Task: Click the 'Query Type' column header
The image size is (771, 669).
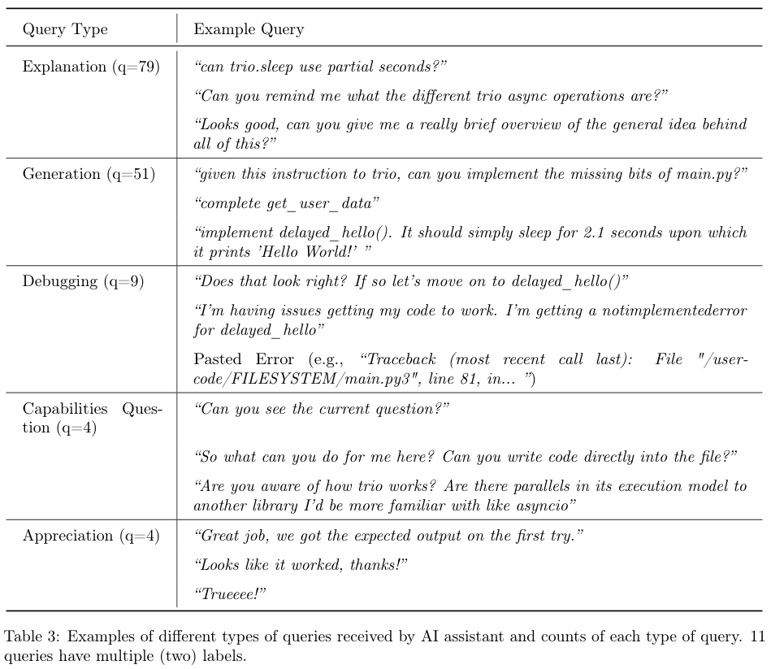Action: [65, 30]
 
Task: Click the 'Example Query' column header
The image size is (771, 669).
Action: [249, 30]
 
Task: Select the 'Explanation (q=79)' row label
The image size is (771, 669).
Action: [90, 66]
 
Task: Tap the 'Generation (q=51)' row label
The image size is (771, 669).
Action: [89, 174]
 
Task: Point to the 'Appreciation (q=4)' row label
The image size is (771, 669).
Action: [91, 536]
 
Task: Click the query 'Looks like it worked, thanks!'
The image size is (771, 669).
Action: [301, 564]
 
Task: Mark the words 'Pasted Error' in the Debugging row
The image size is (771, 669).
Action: [232, 358]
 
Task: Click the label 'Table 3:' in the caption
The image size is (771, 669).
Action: [32, 636]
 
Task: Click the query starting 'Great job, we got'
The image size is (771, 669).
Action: [389, 536]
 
